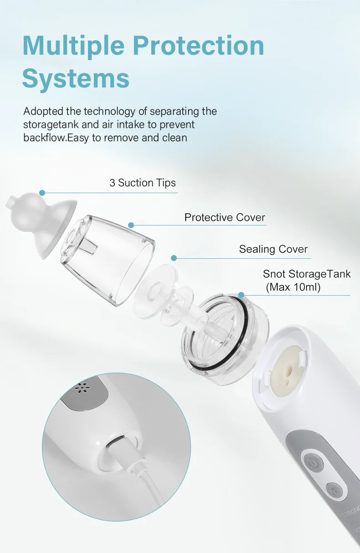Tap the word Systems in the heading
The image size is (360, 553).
click(76, 78)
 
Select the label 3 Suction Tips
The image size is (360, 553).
click(143, 183)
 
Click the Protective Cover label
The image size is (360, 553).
click(225, 218)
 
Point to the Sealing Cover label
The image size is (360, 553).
click(273, 249)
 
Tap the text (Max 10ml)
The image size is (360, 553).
click(293, 287)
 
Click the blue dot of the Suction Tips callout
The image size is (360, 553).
click(42, 193)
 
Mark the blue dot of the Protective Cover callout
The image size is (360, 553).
click(131, 225)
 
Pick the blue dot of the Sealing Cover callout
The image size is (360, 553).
click(174, 258)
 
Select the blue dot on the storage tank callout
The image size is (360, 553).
click(241, 295)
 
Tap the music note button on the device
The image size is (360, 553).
click(333, 490)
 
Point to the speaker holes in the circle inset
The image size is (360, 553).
click(82, 388)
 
